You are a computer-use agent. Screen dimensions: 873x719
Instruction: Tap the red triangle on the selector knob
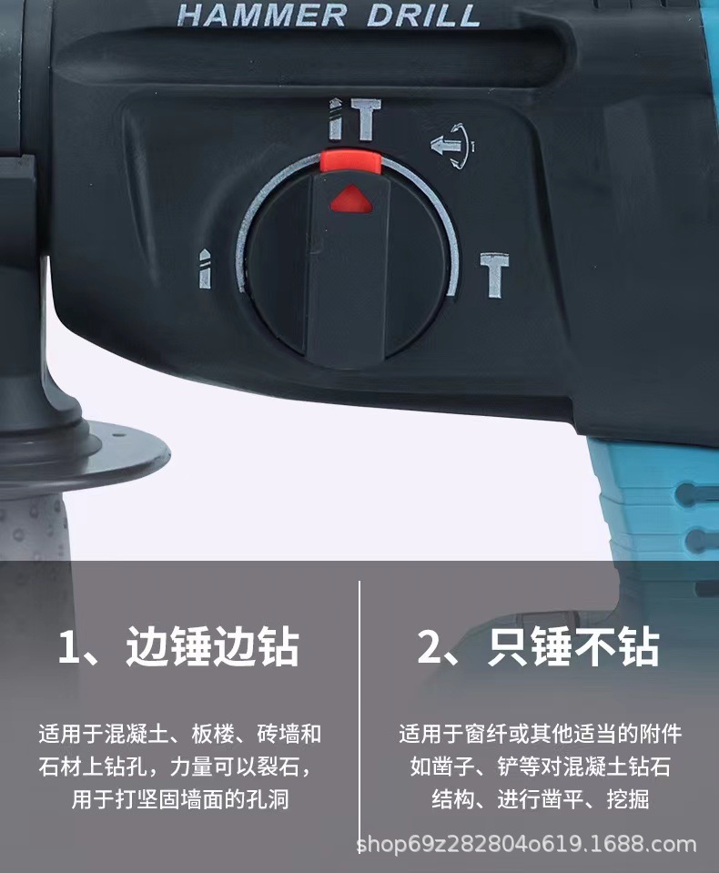(349, 198)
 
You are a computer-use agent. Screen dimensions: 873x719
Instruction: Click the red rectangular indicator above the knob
(349, 161)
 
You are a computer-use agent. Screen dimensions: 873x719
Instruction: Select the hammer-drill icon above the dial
(353, 122)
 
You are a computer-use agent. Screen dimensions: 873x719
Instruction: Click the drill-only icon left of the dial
(205, 269)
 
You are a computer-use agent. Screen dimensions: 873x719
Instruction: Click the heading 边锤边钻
(213, 647)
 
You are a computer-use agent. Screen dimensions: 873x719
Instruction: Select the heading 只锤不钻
(573, 647)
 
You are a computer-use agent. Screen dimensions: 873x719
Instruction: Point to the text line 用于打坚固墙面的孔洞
(179, 799)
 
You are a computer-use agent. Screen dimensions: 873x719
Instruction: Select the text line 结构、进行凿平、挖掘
(540, 799)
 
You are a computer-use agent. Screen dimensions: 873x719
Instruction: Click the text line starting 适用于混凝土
(179, 734)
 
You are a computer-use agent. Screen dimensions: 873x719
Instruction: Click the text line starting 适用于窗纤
(540, 734)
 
